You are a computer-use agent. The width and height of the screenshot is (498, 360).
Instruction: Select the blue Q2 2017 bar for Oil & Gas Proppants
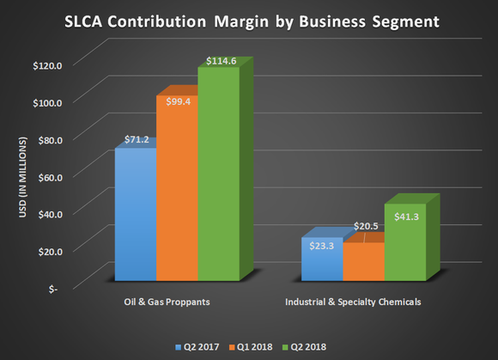click(x=135, y=215)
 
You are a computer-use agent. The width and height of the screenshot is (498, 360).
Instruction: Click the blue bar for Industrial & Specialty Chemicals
click(x=320, y=259)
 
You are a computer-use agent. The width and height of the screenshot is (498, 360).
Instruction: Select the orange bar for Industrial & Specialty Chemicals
click(x=362, y=262)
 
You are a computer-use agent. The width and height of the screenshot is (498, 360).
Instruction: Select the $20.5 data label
click(x=365, y=228)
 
